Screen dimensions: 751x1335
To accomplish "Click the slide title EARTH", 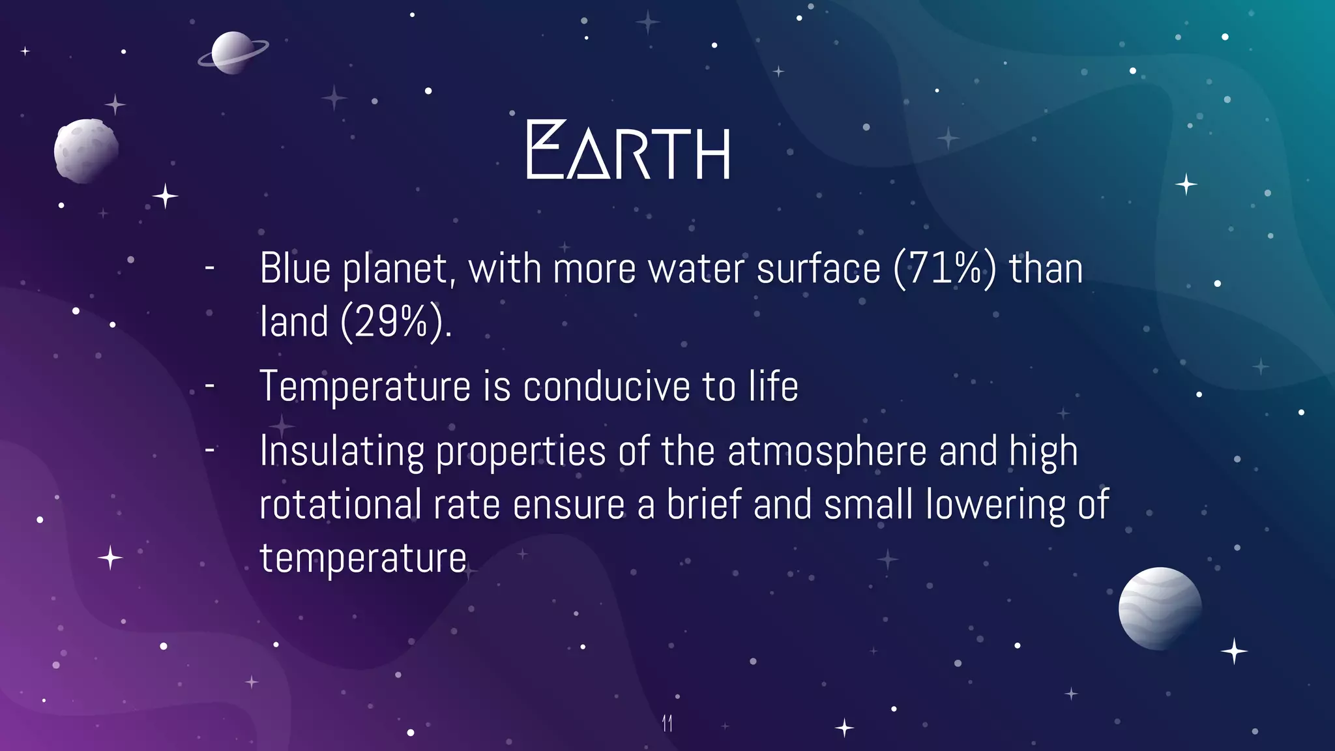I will point(628,151).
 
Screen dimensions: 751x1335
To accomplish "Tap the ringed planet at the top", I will point(232,53).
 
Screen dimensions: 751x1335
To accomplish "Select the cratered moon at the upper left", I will point(85,151).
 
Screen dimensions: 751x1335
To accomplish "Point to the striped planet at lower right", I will point(1160,608).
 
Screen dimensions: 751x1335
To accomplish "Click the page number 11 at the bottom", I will point(667,723).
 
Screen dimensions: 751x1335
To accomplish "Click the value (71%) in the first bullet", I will point(945,269).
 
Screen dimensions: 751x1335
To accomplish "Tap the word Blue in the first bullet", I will point(295,269).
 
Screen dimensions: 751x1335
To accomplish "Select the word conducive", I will point(606,387).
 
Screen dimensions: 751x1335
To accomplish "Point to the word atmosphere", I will point(827,452).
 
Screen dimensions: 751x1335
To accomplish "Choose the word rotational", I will point(340,505).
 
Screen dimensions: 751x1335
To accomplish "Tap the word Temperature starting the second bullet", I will point(365,387).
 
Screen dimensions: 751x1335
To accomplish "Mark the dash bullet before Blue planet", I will point(210,267).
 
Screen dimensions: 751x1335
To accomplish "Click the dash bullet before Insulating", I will point(210,450).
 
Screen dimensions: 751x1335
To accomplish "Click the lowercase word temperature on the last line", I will point(362,559).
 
